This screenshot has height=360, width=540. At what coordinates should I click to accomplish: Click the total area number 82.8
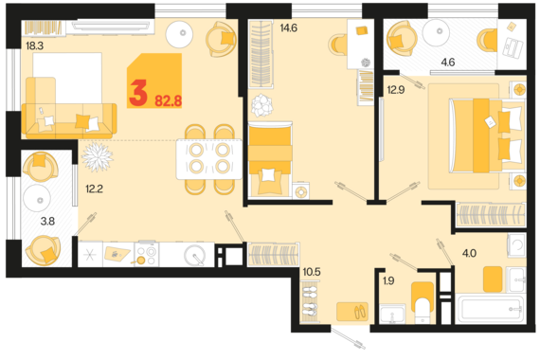point(168,101)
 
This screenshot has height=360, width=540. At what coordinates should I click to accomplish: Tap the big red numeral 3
point(138,93)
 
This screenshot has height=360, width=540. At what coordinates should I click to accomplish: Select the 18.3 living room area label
point(34,45)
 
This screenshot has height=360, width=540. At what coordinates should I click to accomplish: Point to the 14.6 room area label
point(288,28)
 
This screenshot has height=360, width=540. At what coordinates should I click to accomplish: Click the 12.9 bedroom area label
point(396,90)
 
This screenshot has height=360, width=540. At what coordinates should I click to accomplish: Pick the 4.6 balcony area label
point(448,63)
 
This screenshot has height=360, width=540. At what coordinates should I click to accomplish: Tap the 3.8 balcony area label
point(47,221)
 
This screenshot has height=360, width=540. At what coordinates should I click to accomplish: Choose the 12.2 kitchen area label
point(94,189)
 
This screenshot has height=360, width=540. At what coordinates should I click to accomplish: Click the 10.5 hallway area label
point(312,272)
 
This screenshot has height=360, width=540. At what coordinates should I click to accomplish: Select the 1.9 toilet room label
point(388,280)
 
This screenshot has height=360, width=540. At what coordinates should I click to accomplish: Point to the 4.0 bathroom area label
point(469,254)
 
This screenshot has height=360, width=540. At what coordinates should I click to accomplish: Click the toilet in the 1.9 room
point(423,302)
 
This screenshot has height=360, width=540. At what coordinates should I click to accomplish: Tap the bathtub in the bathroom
point(491,309)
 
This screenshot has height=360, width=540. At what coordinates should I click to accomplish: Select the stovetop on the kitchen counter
point(147,254)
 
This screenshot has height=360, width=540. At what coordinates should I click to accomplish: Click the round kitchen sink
point(194,255)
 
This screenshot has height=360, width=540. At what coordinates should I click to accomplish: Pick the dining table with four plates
point(209,159)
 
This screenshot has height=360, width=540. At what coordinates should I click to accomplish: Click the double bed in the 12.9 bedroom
point(487,135)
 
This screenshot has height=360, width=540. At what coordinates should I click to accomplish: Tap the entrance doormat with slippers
point(352,312)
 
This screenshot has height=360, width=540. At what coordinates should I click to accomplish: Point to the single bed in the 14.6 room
point(270,159)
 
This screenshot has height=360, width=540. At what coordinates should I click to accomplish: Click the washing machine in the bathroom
point(516,244)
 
